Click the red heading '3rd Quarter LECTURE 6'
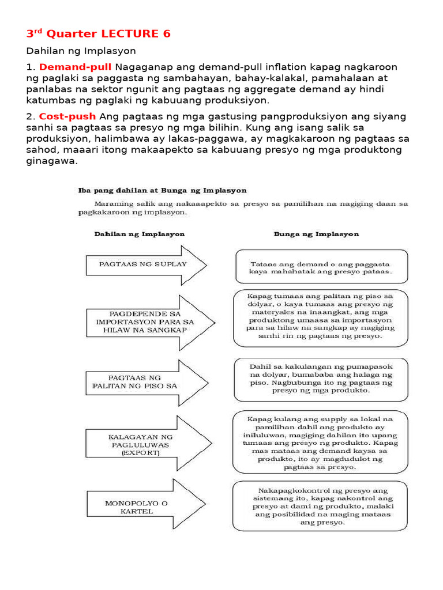click(x=98, y=34)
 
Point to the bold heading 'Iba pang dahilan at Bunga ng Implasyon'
click(x=163, y=190)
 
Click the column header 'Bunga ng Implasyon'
click(x=316, y=234)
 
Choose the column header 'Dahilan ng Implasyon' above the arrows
click(x=139, y=235)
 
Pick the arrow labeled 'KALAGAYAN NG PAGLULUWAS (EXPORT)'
click(x=148, y=445)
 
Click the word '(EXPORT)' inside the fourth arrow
click(x=140, y=453)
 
